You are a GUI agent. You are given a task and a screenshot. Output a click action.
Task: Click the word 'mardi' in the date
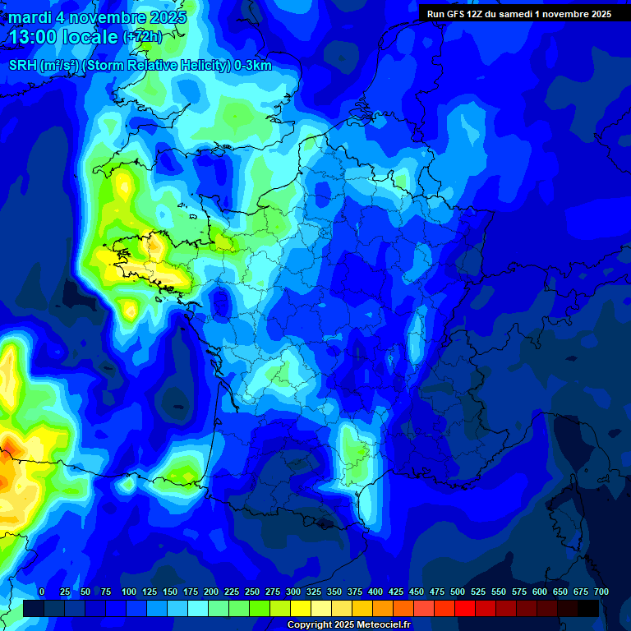(30, 17)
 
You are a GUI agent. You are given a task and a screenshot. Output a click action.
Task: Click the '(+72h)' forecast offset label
(142, 37)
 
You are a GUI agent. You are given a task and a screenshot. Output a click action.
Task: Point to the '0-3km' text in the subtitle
(253, 66)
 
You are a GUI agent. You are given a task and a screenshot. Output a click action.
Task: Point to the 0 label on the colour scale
(42, 592)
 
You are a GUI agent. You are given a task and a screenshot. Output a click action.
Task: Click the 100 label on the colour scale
(128, 592)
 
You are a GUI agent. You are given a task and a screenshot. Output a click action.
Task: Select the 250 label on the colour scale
(252, 592)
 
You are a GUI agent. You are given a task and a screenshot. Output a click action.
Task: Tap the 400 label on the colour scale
(375, 592)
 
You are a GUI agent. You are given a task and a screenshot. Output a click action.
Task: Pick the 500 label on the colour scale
(458, 592)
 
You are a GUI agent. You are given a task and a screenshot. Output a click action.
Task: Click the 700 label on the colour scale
(601, 592)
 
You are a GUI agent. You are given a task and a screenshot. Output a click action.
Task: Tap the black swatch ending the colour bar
(588, 608)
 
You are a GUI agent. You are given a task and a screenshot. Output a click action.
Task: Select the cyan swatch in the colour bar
(198, 608)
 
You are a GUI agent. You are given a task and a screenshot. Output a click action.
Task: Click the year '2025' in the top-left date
(164, 17)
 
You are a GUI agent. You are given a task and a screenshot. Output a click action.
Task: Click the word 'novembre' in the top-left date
(103, 17)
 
